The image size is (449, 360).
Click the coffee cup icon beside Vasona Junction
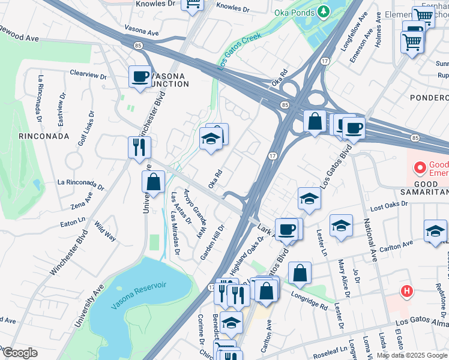coord(140,77)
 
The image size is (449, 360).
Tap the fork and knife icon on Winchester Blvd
coord(139,146)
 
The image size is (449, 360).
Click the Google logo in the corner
coord(19,353)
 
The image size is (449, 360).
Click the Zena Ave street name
coord(82,201)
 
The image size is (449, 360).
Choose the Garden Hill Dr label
coord(212,242)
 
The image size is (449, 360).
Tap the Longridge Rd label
coord(311,299)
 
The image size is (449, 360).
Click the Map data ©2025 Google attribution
coord(412,355)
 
